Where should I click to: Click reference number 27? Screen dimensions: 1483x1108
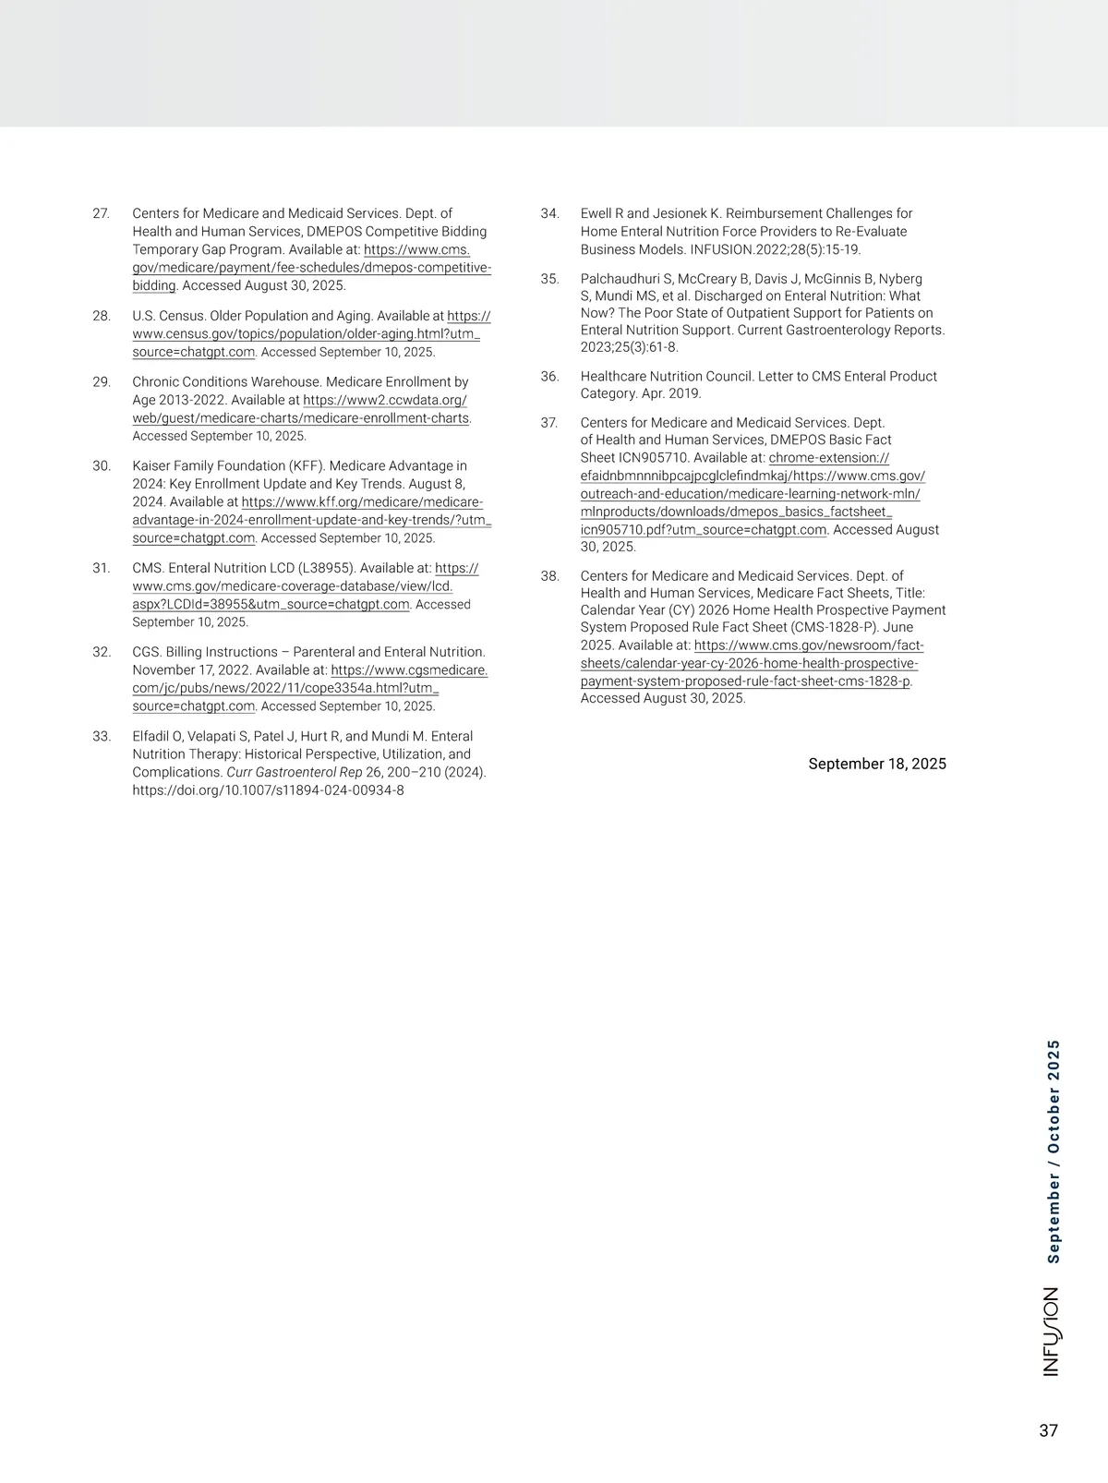pos(101,213)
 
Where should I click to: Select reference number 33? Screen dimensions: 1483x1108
pos(102,736)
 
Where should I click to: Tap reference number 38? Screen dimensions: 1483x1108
pos(549,575)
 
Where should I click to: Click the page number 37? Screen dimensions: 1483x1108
pos(1048,1430)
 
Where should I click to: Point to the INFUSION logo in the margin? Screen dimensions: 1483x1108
pos(1051,1332)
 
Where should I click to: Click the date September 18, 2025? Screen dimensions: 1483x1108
pos(877,764)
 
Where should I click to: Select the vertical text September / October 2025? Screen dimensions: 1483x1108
pos(1053,1151)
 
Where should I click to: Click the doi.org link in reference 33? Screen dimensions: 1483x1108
pos(268,790)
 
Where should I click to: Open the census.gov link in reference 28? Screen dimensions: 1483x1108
pos(306,334)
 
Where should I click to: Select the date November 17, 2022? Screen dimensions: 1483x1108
pos(191,669)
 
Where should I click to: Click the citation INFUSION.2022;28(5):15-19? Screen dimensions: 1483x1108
pos(775,249)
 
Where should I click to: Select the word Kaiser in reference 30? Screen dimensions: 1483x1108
pos(151,465)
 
